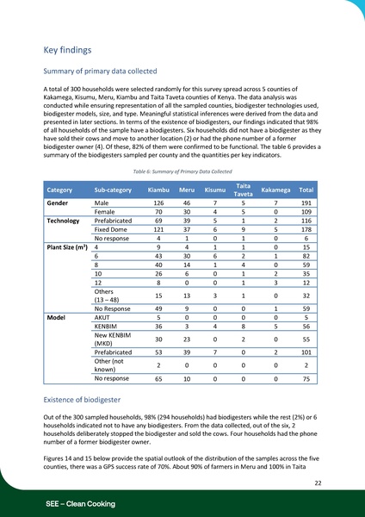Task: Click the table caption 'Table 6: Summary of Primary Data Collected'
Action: click(182, 171)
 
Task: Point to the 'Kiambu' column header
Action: click(158, 189)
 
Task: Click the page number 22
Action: click(318, 483)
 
